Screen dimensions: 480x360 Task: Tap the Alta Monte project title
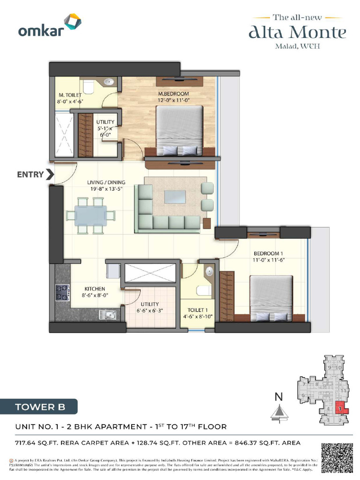(297, 32)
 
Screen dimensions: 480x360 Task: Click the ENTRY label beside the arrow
(30, 175)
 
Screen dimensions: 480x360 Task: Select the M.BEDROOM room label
(173, 94)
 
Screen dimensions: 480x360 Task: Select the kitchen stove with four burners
(62, 292)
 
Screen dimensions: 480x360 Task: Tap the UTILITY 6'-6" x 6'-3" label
(150, 307)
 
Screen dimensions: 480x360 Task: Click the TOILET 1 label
(197, 310)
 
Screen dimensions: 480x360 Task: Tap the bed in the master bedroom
(179, 129)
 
